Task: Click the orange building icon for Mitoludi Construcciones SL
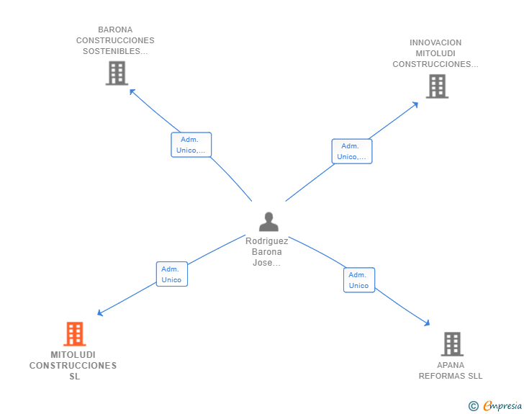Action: (74, 333)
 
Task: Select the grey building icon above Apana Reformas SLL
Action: (451, 343)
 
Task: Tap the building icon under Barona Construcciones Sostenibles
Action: (117, 73)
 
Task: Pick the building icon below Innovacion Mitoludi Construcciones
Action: (437, 86)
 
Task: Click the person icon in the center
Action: (268, 222)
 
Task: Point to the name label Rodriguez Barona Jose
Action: (267, 252)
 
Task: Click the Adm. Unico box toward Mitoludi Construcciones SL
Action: (171, 274)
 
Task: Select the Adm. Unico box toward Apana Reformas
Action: (358, 280)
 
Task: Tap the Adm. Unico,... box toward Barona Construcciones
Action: (191, 145)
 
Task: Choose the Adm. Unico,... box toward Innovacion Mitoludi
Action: (352, 151)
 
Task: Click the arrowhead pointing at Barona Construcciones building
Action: (132, 91)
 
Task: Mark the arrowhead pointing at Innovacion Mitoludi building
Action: (415, 104)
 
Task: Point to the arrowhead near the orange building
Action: (101, 313)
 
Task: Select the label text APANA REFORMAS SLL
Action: (451, 370)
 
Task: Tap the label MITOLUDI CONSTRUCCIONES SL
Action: (73, 366)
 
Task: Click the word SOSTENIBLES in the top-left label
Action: (115, 51)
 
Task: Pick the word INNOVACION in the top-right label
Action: (435, 42)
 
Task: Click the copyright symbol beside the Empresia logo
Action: (474, 406)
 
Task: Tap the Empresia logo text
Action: (502, 406)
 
